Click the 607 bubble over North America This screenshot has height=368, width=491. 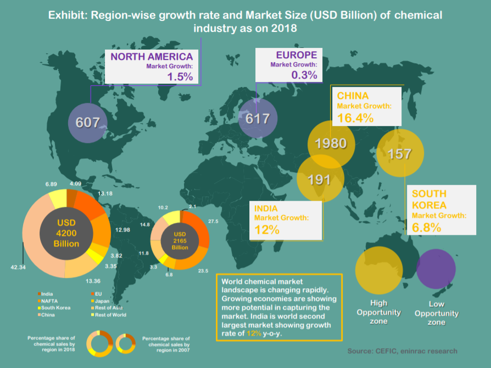click(87, 122)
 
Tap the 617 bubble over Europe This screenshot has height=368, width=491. click(258, 118)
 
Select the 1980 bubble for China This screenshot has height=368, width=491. click(331, 144)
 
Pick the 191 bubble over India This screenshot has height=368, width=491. click(321, 179)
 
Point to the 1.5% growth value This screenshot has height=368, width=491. click(180, 77)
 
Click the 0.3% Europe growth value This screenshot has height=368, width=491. click(305, 75)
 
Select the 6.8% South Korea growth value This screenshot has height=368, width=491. click(427, 227)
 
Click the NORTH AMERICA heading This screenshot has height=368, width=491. click(152, 56)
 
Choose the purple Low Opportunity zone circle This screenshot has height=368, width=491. click(436, 269)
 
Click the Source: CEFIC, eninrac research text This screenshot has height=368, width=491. click(402, 351)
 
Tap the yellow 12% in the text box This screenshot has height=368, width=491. click(253, 333)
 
